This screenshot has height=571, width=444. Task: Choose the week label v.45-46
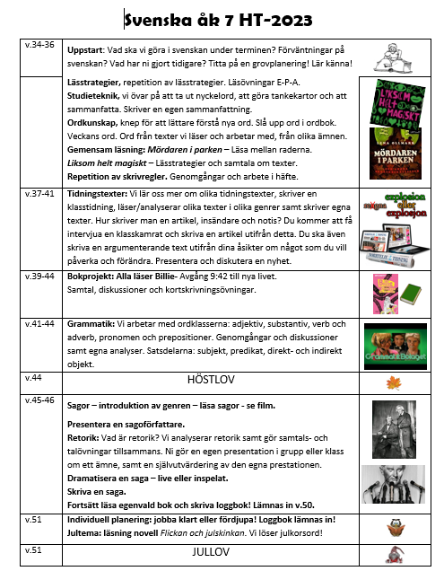pyautogui.click(x=40, y=399)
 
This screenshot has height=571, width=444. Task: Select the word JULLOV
pyautogui.click(x=213, y=552)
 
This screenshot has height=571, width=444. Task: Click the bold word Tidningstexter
pyautogui.click(x=103, y=192)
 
